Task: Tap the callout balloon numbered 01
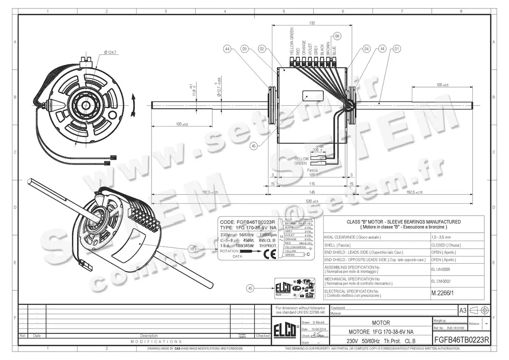[x=397, y=49]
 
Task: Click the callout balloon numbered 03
[x=245, y=49]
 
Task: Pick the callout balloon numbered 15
[x=192, y=249]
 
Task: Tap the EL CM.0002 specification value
[x=441, y=281]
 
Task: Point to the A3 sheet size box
[x=463, y=310]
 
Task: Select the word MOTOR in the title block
[x=380, y=323]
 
